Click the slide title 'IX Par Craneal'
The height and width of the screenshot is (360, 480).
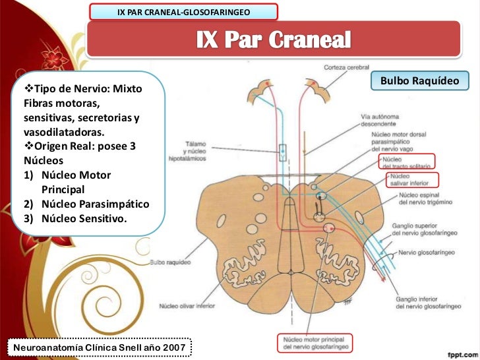pos(273,40)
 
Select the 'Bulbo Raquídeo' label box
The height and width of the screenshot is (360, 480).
pos(419,81)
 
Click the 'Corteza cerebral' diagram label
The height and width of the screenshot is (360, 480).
pos(345,67)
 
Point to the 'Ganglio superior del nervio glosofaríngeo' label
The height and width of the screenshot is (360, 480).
pos(425,229)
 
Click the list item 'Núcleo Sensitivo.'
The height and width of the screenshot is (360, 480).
pos(83,217)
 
